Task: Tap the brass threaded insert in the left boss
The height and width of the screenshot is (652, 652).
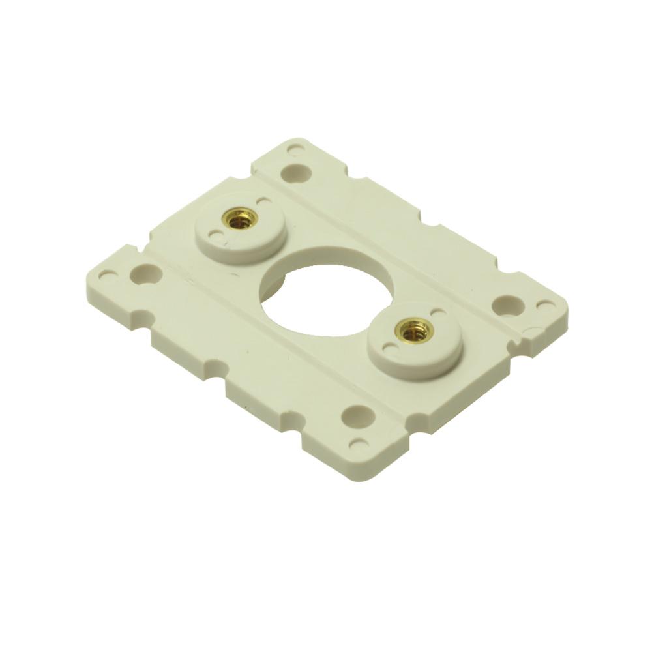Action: coord(240,218)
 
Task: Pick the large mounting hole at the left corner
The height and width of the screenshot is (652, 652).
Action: coord(145,273)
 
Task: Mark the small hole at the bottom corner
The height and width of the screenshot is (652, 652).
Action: coord(358,444)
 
